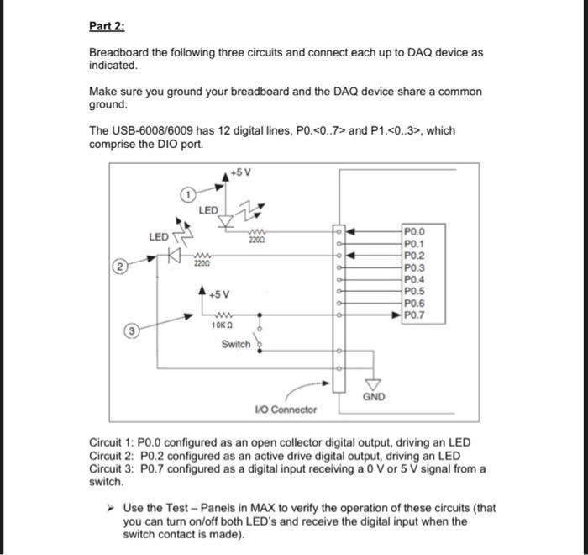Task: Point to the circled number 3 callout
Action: click(x=133, y=330)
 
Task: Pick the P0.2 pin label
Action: click(x=415, y=255)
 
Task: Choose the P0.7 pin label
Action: click(x=415, y=316)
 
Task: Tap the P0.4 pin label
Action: click(x=415, y=279)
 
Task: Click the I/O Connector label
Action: click(x=286, y=410)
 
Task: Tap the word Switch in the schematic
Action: click(x=235, y=344)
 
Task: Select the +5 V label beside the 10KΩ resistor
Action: click(x=221, y=294)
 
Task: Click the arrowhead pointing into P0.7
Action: click(x=395, y=316)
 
